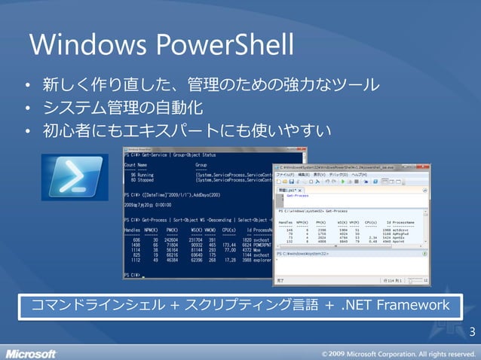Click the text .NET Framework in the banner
click(397, 305)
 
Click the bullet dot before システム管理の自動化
click(26, 108)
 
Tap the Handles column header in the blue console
click(133, 229)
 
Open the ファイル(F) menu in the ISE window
click(288, 175)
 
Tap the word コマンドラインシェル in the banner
click(98, 305)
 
